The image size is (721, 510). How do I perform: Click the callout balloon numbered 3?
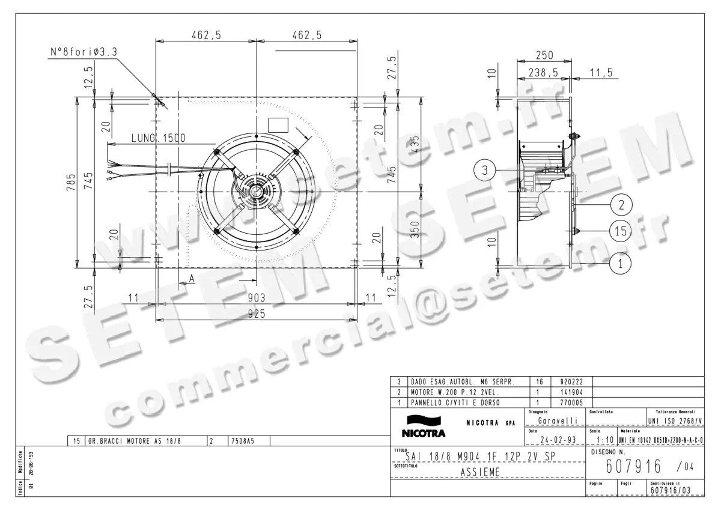coord(485,170)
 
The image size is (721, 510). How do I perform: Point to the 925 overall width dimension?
coord(257,313)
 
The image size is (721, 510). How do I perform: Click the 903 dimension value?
coord(257,297)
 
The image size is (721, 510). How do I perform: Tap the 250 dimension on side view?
coord(544,55)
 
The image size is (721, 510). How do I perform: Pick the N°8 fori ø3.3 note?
coord(84,53)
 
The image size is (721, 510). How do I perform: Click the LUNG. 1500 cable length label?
coord(158,138)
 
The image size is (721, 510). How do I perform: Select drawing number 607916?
coord(633,467)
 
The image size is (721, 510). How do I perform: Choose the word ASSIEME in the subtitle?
coord(481,472)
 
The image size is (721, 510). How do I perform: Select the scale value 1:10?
coord(600,440)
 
